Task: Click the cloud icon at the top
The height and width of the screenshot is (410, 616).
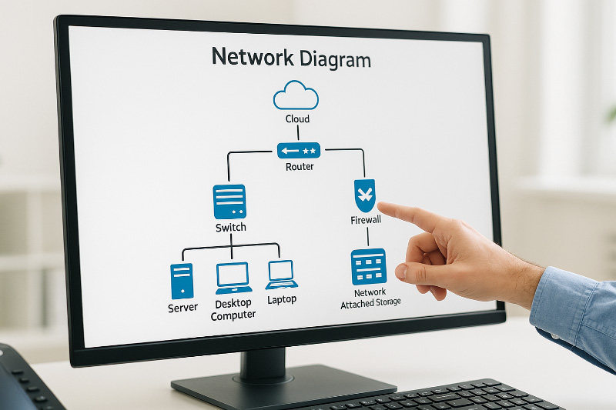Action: click(x=296, y=95)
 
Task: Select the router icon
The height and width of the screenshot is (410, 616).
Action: click(x=298, y=150)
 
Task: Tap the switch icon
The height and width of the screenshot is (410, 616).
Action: click(x=229, y=202)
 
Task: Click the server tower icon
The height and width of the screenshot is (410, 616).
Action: click(x=182, y=281)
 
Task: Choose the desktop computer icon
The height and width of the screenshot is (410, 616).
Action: click(x=233, y=278)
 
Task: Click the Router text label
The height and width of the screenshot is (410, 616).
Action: click(x=300, y=167)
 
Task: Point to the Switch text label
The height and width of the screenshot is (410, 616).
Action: click(x=230, y=227)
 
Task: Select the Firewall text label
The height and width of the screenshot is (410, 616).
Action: click(x=366, y=220)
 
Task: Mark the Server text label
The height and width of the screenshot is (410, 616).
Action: click(x=182, y=308)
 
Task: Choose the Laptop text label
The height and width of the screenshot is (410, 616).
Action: click(x=282, y=299)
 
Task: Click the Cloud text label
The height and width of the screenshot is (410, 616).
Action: click(x=297, y=119)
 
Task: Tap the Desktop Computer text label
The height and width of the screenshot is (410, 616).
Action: click(x=233, y=309)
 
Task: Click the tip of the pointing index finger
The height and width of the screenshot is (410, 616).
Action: click(x=381, y=206)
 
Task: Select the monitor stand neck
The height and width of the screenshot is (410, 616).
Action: click(x=265, y=362)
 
